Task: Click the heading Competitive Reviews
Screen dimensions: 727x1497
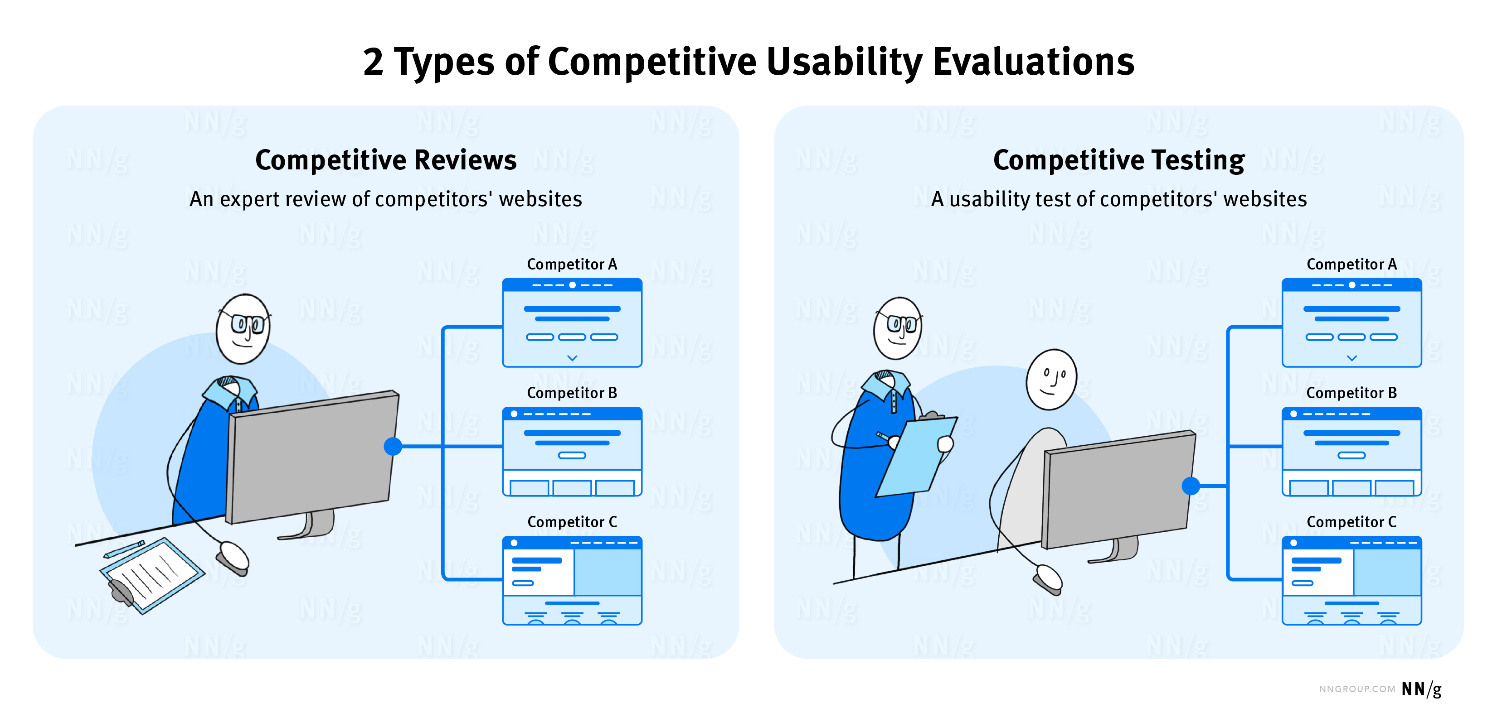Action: pyautogui.click(x=385, y=160)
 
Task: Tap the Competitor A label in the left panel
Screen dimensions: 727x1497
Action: pyautogui.click(x=571, y=264)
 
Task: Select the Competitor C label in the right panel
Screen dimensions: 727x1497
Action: pyautogui.click(x=1351, y=522)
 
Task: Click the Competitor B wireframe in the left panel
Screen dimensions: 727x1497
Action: pyautogui.click(x=572, y=452)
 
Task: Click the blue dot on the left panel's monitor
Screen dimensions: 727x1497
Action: pyautogui.click(x=393, y=446)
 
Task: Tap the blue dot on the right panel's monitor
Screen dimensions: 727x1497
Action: pyautogui.click(x=1190, y=486)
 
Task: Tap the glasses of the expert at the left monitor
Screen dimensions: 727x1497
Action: pyautogui.click(x=248, y=323)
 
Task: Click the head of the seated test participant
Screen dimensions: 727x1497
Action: pyautogui.click(x=1051, y=379)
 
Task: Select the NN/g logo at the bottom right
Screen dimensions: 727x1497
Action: pyautogui.click(x=1421, y=689)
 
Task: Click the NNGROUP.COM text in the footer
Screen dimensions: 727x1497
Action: pyautogui.click(x=1356, y=689)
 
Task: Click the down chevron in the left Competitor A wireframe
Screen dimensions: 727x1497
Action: pyautogui.click(x=572, y=358)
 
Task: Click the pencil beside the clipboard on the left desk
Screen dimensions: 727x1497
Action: pyautogui.click(x=124, y=549)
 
